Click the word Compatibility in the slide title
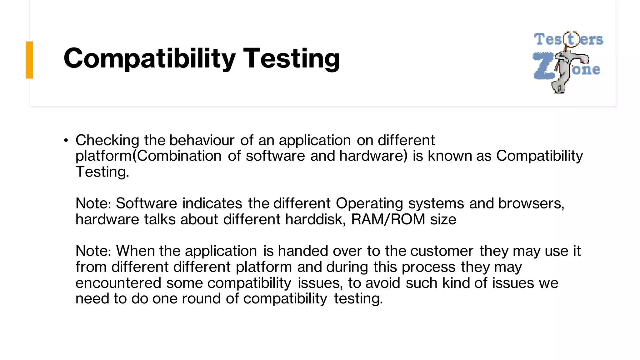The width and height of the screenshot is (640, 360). pyautogui.click(x=149, y=59)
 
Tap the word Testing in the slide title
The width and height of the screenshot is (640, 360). pyautogui.click(x=291, y=59)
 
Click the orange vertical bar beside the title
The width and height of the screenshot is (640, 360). pyautogui.click(x=30, y=60)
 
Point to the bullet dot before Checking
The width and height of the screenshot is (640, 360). pyautogui.click(x=66, y=141)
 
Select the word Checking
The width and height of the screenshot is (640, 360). pyautogui.click(x=107, y=141)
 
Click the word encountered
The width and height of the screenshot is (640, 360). pyautogui.click(x=118, y=283)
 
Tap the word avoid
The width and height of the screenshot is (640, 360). pyautogui.click(x=383, y=283)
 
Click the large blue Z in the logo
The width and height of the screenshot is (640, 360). pyautogui.click(x=543, y=66)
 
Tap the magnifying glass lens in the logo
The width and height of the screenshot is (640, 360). pyautogui.click(x=571, y=39)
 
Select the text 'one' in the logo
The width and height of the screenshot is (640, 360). pyautogui.click(x=586, y=69)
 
